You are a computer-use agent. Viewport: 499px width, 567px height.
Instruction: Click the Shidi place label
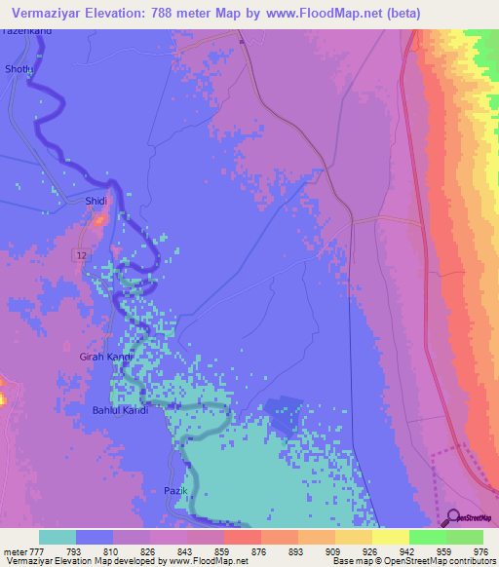coord(96,201)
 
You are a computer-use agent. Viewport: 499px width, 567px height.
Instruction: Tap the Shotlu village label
coord(19,69)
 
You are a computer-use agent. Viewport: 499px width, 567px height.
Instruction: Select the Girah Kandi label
coord(105,358)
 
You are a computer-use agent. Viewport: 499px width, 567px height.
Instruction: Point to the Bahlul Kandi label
coord(120,410)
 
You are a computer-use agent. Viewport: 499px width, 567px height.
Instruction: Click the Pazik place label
coord(174,490)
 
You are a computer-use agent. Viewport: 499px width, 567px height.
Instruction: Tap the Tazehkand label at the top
coord(26,32)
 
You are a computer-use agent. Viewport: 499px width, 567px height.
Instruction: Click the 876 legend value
coord(260,550)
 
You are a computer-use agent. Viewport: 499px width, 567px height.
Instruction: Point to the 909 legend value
coord(334,550)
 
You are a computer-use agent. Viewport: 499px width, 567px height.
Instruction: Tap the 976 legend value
coord(481,550)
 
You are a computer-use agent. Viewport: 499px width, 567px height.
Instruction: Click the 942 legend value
coord(408,550)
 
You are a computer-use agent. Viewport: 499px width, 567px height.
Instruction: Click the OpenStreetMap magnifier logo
coord(452,516)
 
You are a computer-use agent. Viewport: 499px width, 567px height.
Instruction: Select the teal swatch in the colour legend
coord(58,537)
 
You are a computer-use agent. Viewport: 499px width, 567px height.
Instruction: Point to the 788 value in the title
coord(190,13)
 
